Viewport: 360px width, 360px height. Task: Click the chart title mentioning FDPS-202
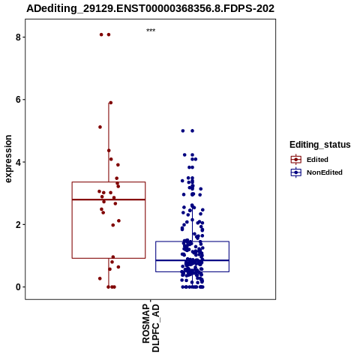pos(151,8)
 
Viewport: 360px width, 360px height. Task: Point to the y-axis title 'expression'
pos(8,159)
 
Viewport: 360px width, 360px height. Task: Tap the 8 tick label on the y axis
pos(18,37)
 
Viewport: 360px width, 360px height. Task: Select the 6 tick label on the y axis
pos(18,100)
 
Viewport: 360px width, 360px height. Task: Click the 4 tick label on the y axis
pos(18,162)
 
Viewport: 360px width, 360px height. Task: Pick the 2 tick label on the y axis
pos(18,224)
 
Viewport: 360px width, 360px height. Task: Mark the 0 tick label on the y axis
pos(18,287)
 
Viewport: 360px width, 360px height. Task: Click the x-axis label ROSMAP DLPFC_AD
pos(151,328)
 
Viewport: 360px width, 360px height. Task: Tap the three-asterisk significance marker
pos(151,31)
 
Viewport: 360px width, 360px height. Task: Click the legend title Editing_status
pos(320,145)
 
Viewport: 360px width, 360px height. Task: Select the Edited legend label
pos(317,160)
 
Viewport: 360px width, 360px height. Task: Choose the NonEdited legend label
pos(325,172)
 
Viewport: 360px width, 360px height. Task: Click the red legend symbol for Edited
pos(296,160)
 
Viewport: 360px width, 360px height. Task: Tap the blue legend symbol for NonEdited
pos(296,172)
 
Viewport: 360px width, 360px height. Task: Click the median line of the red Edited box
pos(109,199)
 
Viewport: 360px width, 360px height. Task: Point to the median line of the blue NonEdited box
pos(192,260)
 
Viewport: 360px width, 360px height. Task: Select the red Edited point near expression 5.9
pos(111,103)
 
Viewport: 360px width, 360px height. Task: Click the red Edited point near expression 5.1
pos(100,127)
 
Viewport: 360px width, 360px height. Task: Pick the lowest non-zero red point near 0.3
pos(100,278)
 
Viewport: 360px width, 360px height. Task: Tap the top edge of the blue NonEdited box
pos(192,241)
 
